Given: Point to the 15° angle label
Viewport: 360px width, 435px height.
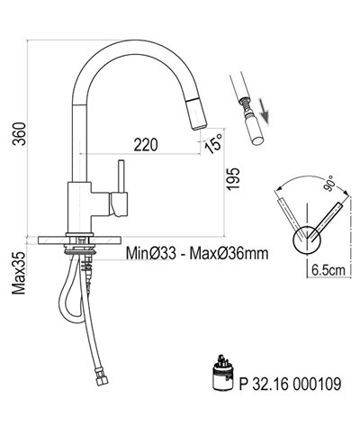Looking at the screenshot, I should click(213, 142).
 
